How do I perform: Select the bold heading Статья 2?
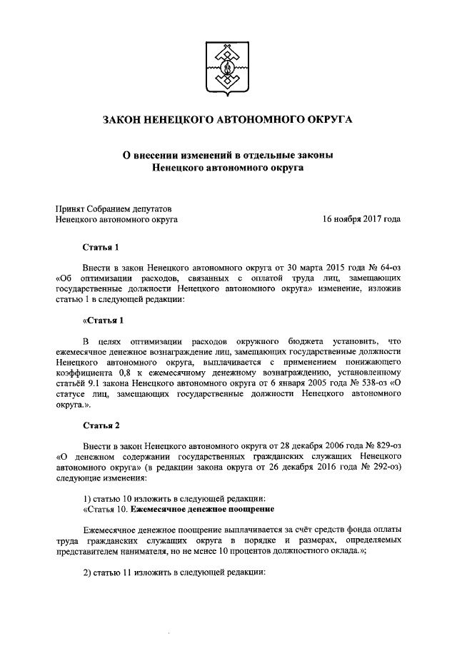tap(100, 426)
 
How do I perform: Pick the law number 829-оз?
tap(383, 444)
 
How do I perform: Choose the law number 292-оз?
tap(383, 467)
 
